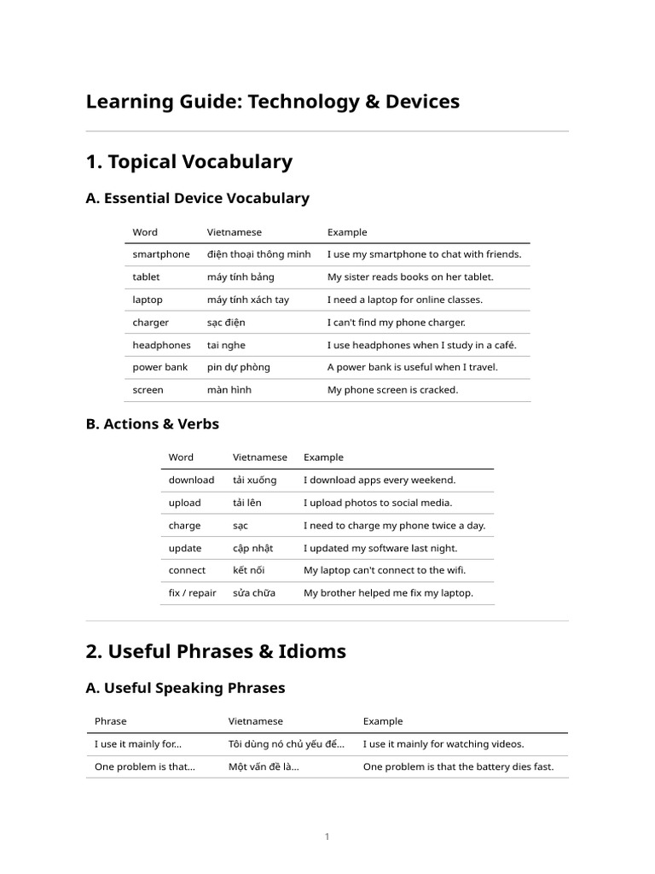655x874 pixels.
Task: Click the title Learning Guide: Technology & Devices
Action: click(272, 102)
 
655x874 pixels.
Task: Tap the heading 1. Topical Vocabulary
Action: click(188, 161)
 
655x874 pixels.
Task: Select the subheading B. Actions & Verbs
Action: click(152, 423)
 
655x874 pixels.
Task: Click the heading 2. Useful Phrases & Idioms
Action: click(216, 651)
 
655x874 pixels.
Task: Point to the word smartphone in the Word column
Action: click(161, 254)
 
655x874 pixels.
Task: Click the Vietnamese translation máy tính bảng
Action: click(241, 277)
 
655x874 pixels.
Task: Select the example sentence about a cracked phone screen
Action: click(392, 390)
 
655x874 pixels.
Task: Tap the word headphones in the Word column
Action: click(161, 345)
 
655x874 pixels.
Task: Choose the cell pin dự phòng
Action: click(238, 367)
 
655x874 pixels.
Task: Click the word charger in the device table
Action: click(150, 323)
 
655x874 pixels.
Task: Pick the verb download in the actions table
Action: click(191, 480)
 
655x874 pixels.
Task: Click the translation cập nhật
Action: click(252, 548)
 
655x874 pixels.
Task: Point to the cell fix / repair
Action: click(192, 593)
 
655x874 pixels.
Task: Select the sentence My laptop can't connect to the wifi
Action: click(385, 570)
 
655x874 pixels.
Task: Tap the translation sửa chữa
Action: click(253, 593)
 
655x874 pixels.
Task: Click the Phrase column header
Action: click(110, 721)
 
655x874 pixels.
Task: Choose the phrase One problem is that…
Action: click(144, 766)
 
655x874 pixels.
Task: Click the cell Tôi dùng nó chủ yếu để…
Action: click(286, 744)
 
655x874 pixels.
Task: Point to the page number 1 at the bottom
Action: click(327, 837)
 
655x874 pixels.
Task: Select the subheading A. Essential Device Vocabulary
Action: click(197, 198)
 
